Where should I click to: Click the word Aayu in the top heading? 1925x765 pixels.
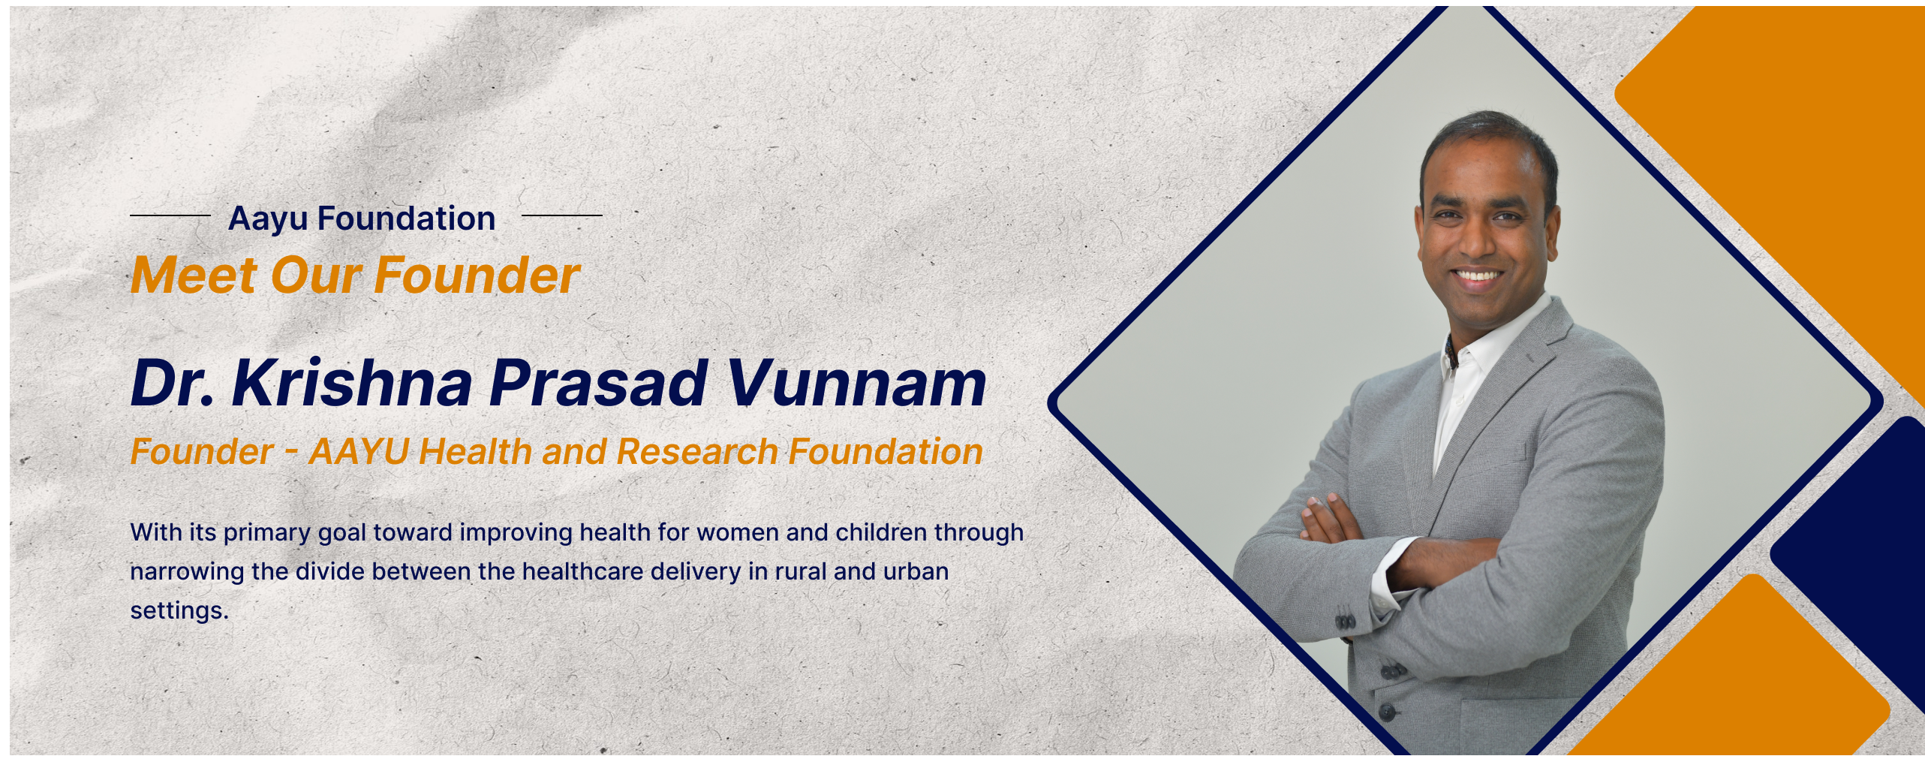[268, 219]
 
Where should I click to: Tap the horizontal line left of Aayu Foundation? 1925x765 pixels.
[170, 215]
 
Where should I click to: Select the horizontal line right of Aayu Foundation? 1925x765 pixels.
[562, 215]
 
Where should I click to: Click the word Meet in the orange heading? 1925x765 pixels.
[194, 275]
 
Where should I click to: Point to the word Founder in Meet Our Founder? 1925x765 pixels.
[478, 275]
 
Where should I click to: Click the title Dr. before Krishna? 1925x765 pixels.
[173, 383]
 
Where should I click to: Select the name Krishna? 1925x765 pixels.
[352, 383]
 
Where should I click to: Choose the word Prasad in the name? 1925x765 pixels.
[599, 383]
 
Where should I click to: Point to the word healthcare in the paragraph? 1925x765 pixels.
[582, 571]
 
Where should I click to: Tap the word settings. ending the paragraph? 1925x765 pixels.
[179, 611]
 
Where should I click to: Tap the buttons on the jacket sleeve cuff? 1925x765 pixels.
[1345, 621]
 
